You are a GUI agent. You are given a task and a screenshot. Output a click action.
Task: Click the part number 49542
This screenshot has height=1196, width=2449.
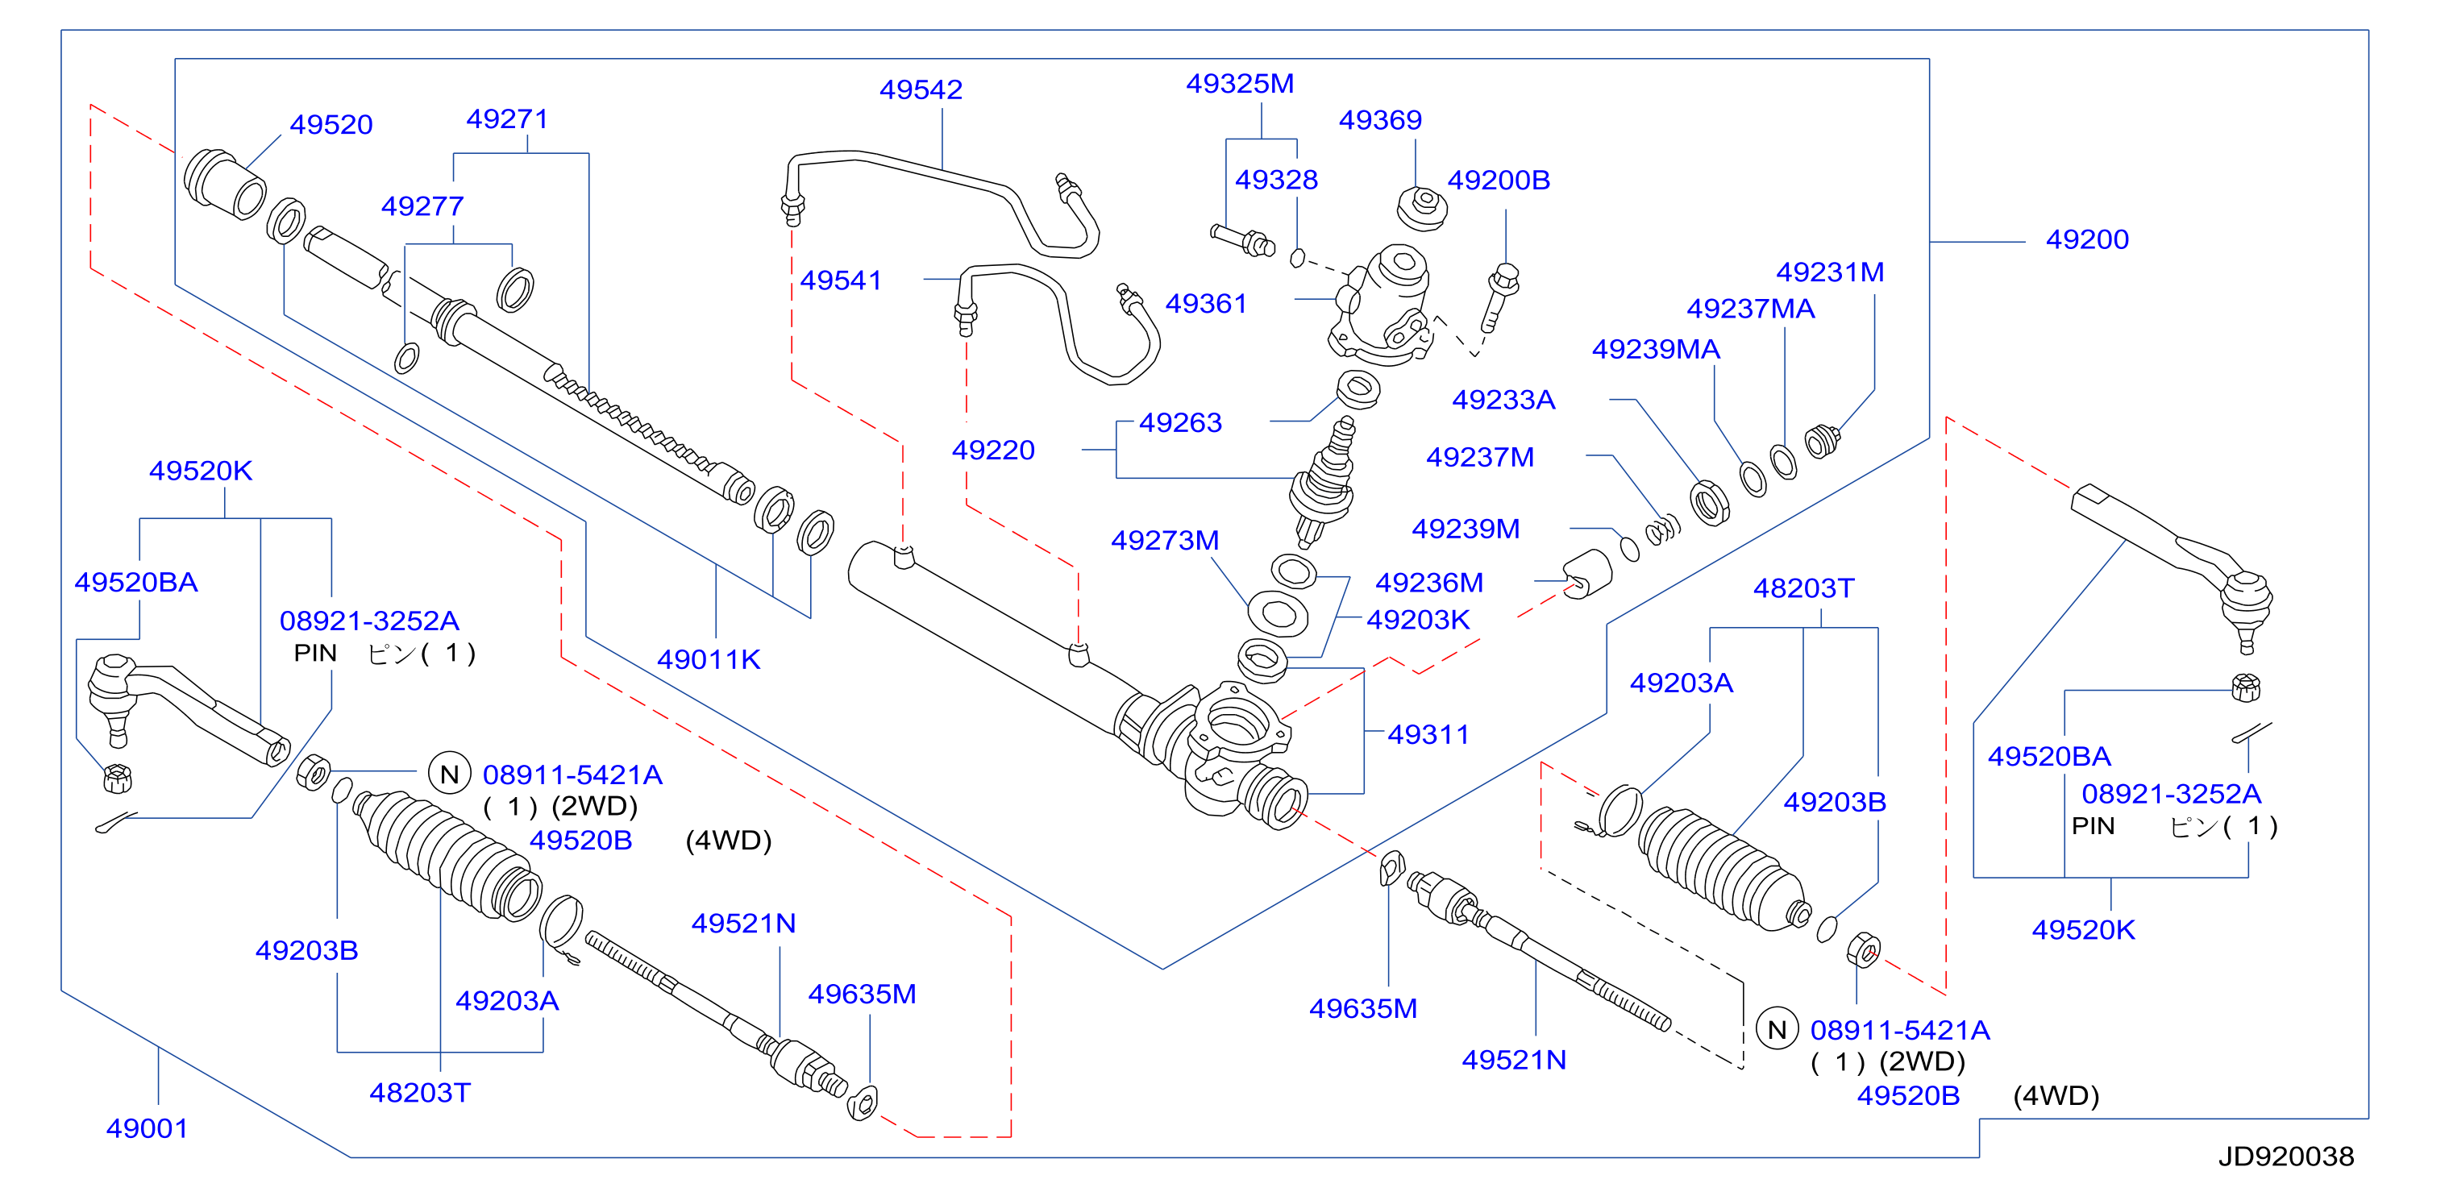[x=921, y=89]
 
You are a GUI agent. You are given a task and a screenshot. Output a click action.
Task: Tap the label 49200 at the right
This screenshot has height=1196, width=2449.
[x=2087, y=239]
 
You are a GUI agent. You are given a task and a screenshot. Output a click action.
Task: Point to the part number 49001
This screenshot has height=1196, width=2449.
[x=147, y=1128]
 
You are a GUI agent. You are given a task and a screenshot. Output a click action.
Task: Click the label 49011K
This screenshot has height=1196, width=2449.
[x=709, y=660]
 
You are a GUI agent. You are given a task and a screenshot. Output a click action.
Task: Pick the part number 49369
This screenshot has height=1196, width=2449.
[x=1379, y=120]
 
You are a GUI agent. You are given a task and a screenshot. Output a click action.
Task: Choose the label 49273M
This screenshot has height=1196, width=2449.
[x=1165, y=540]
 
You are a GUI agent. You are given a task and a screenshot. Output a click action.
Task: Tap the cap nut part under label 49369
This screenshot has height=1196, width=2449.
[x=1422, y=208]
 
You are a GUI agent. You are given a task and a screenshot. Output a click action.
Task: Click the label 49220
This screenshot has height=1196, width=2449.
[x=992, y=450]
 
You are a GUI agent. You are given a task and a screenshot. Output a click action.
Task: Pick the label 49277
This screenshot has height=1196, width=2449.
[x=422, y=206]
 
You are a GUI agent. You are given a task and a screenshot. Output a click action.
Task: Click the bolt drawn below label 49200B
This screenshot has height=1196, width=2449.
[x=1499, y=297]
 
